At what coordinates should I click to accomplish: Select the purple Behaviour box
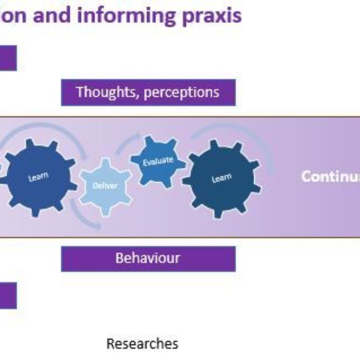click(148, 259)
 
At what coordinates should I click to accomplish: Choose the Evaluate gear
click(157, 161)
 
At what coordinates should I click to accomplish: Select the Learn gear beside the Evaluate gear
click(221, 179)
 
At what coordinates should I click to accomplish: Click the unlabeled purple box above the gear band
click(8, 58)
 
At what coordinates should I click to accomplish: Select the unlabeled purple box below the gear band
click(8, 296)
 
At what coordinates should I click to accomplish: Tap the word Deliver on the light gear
click(105, 185)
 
